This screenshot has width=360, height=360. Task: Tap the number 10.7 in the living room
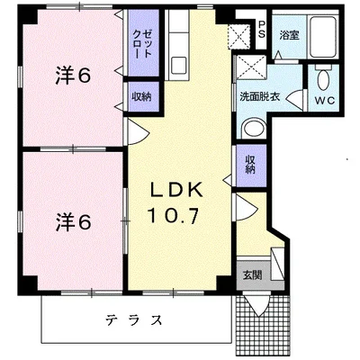[173, 215]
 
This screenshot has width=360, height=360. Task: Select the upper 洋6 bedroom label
[73, 75]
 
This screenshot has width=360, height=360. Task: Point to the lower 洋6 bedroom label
[73, 222]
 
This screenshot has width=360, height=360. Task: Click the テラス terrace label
[134, 319]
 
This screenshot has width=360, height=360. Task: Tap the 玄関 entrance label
[252, 275]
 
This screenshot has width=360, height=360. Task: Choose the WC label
[325, 101]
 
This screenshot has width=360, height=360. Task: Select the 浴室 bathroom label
[289, 35]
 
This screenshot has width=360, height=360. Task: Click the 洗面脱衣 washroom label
[259, 97]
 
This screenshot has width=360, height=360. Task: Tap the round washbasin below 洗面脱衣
[254, 130]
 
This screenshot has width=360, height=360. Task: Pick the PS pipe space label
[262, 29]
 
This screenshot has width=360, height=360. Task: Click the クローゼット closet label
[143, 44]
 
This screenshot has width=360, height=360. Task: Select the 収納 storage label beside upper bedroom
[142, 96]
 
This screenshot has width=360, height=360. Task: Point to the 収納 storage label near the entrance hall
[250, 164]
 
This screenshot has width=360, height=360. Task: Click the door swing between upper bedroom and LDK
[137, 131]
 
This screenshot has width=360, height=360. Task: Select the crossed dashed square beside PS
[239, 37]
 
